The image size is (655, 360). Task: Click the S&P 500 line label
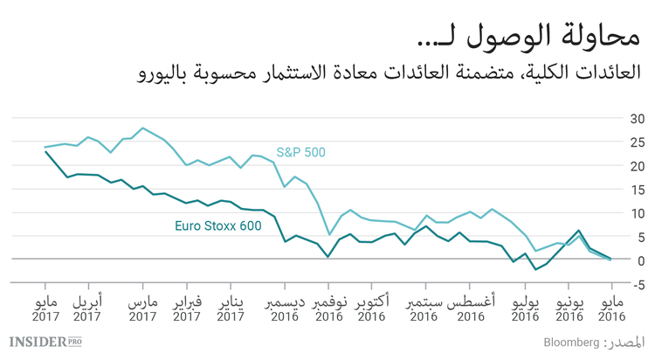(300, 152)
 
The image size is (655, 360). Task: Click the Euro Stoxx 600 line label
(217, 227)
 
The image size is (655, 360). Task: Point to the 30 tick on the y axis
(638, 119)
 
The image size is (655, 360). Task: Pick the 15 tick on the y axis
(638, 190)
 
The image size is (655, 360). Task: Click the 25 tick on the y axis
(638, 142)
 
